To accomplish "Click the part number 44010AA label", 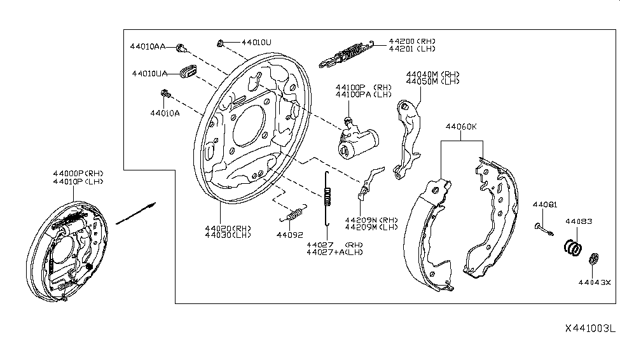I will pyautogui.click(x=148, y=47).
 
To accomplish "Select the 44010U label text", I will pyautogui.click(x=256, y=42).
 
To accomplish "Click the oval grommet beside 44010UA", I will pyautogui.click(x=188, y=71).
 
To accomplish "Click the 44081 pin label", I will pyautogui.click(x=544, y=204).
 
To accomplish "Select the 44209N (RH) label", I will pyautogui.click(x=371, y=219).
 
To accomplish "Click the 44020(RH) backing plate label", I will pyautogui.click(x=228, y=228).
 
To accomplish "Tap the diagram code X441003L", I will pyautogui.click(x=590, y=329).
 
